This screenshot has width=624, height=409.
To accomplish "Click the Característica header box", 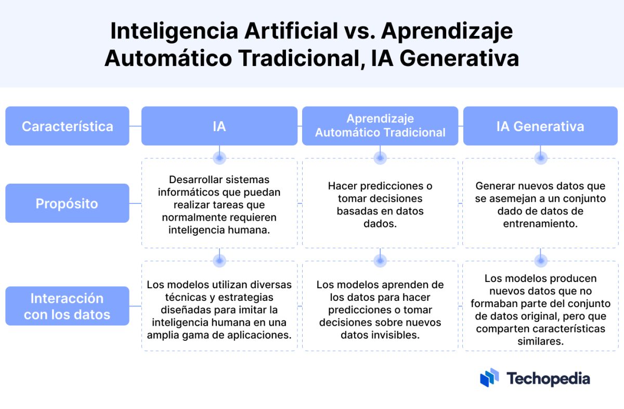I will pos(67,126).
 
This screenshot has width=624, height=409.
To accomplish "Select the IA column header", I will pos(219,126).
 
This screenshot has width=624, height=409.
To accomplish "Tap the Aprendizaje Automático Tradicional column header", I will pos(380,126).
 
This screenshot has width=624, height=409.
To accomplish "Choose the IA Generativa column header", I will pos(540,126).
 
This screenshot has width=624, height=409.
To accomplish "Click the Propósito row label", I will pos(67,203).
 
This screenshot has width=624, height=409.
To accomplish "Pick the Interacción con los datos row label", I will pos(67,306).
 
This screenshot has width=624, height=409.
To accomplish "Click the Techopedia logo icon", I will pos(489,378).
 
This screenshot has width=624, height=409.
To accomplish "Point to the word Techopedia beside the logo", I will pos(548,378).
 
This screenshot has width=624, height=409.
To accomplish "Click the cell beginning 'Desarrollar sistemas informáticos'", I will pos(219,204).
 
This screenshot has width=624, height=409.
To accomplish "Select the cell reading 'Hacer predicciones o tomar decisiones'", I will pos(380,204).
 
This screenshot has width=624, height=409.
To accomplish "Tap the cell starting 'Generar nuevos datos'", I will pos(540,204).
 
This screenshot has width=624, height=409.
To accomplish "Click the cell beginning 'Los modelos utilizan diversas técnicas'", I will pos(219,310).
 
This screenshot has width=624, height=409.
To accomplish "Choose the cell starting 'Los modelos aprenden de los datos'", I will pos(380,310).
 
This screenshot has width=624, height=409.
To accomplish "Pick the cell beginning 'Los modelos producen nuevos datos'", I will pos(540,310).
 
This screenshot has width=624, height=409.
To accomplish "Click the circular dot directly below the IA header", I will pos(219,157).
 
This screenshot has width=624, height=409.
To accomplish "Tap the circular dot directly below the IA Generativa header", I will pos(541,157).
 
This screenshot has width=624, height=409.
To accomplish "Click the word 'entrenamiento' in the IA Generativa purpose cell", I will pos(540,224).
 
